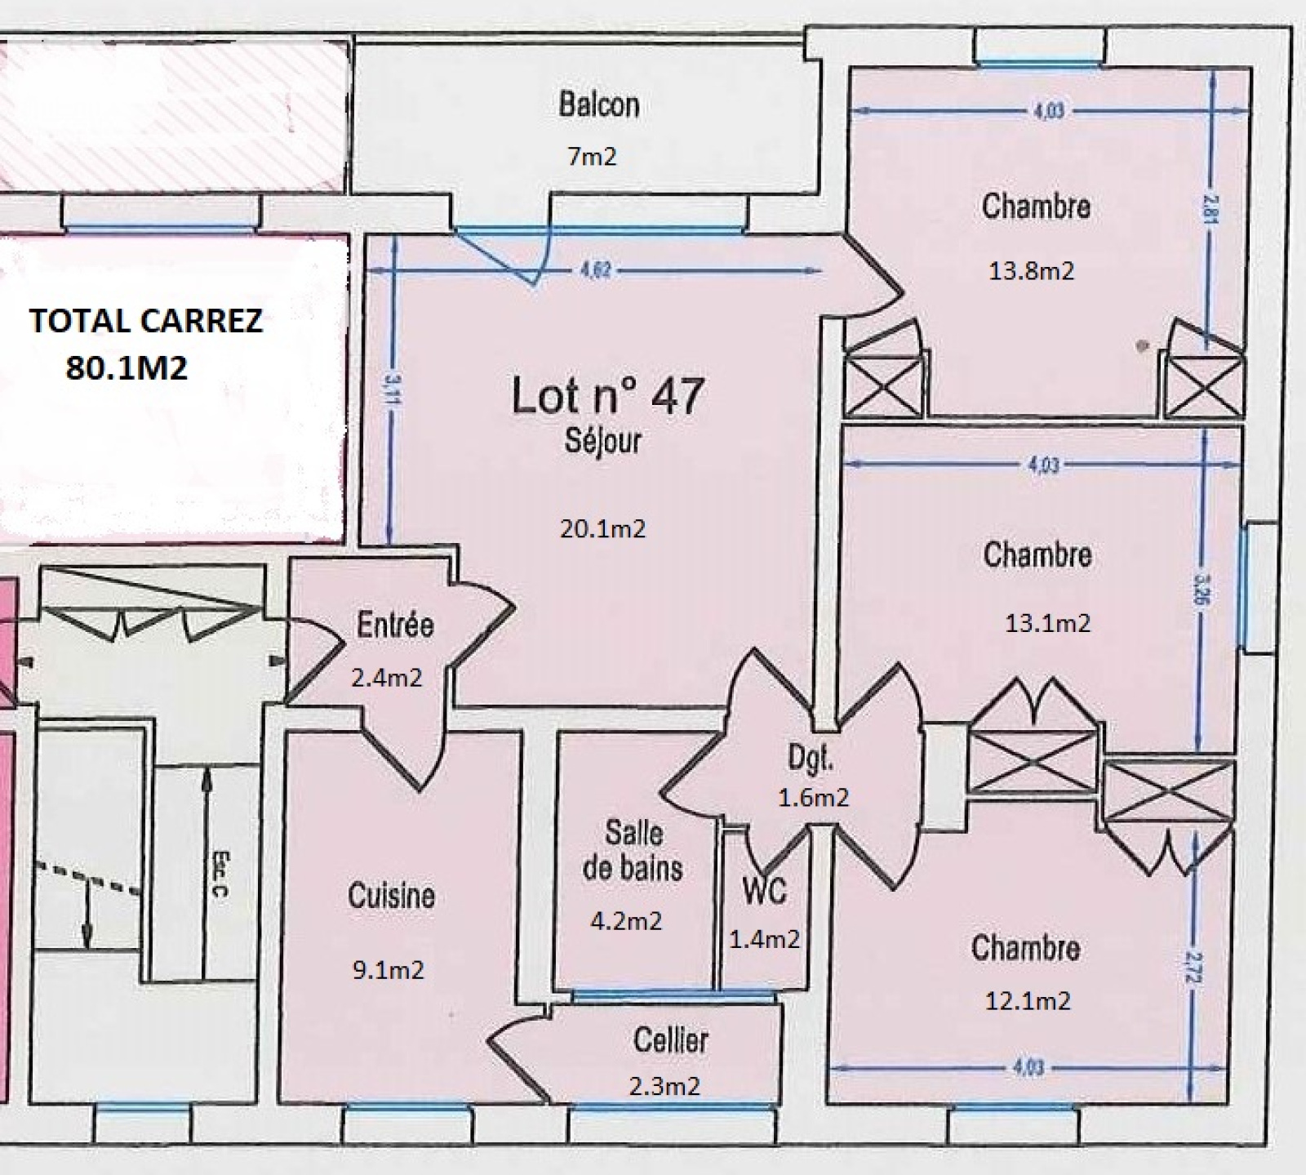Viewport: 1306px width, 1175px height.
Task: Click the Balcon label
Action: [x=598, y=105]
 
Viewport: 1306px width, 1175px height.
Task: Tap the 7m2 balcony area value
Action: [x=592, y=156]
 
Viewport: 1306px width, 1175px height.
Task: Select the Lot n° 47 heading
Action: [x=606, y=396]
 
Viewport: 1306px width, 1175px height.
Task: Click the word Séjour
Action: [x=602, y=441]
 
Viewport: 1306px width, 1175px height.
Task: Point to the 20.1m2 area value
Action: [x=602, y=529]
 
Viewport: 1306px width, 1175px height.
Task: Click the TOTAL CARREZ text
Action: [x=146, y=321]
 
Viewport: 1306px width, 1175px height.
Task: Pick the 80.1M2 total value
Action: [x=127, y=368]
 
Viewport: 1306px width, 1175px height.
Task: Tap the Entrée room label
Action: [x=395, y=625]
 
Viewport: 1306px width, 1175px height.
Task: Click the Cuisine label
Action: [x=391, y=896]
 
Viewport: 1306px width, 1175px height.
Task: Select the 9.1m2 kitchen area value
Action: [x=388, y=971]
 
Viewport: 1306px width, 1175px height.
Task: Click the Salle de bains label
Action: [x=633, y=851]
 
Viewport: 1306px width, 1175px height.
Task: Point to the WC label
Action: [x=765, y=891]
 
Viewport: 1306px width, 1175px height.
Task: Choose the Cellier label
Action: [x=670, y=1040]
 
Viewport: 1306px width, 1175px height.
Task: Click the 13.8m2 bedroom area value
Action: [x=1031, y=270]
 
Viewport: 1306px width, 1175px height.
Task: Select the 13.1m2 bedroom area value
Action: [x=1047, y=623]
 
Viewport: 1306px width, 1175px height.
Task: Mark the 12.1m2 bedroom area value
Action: [x=1028, y=1000]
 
